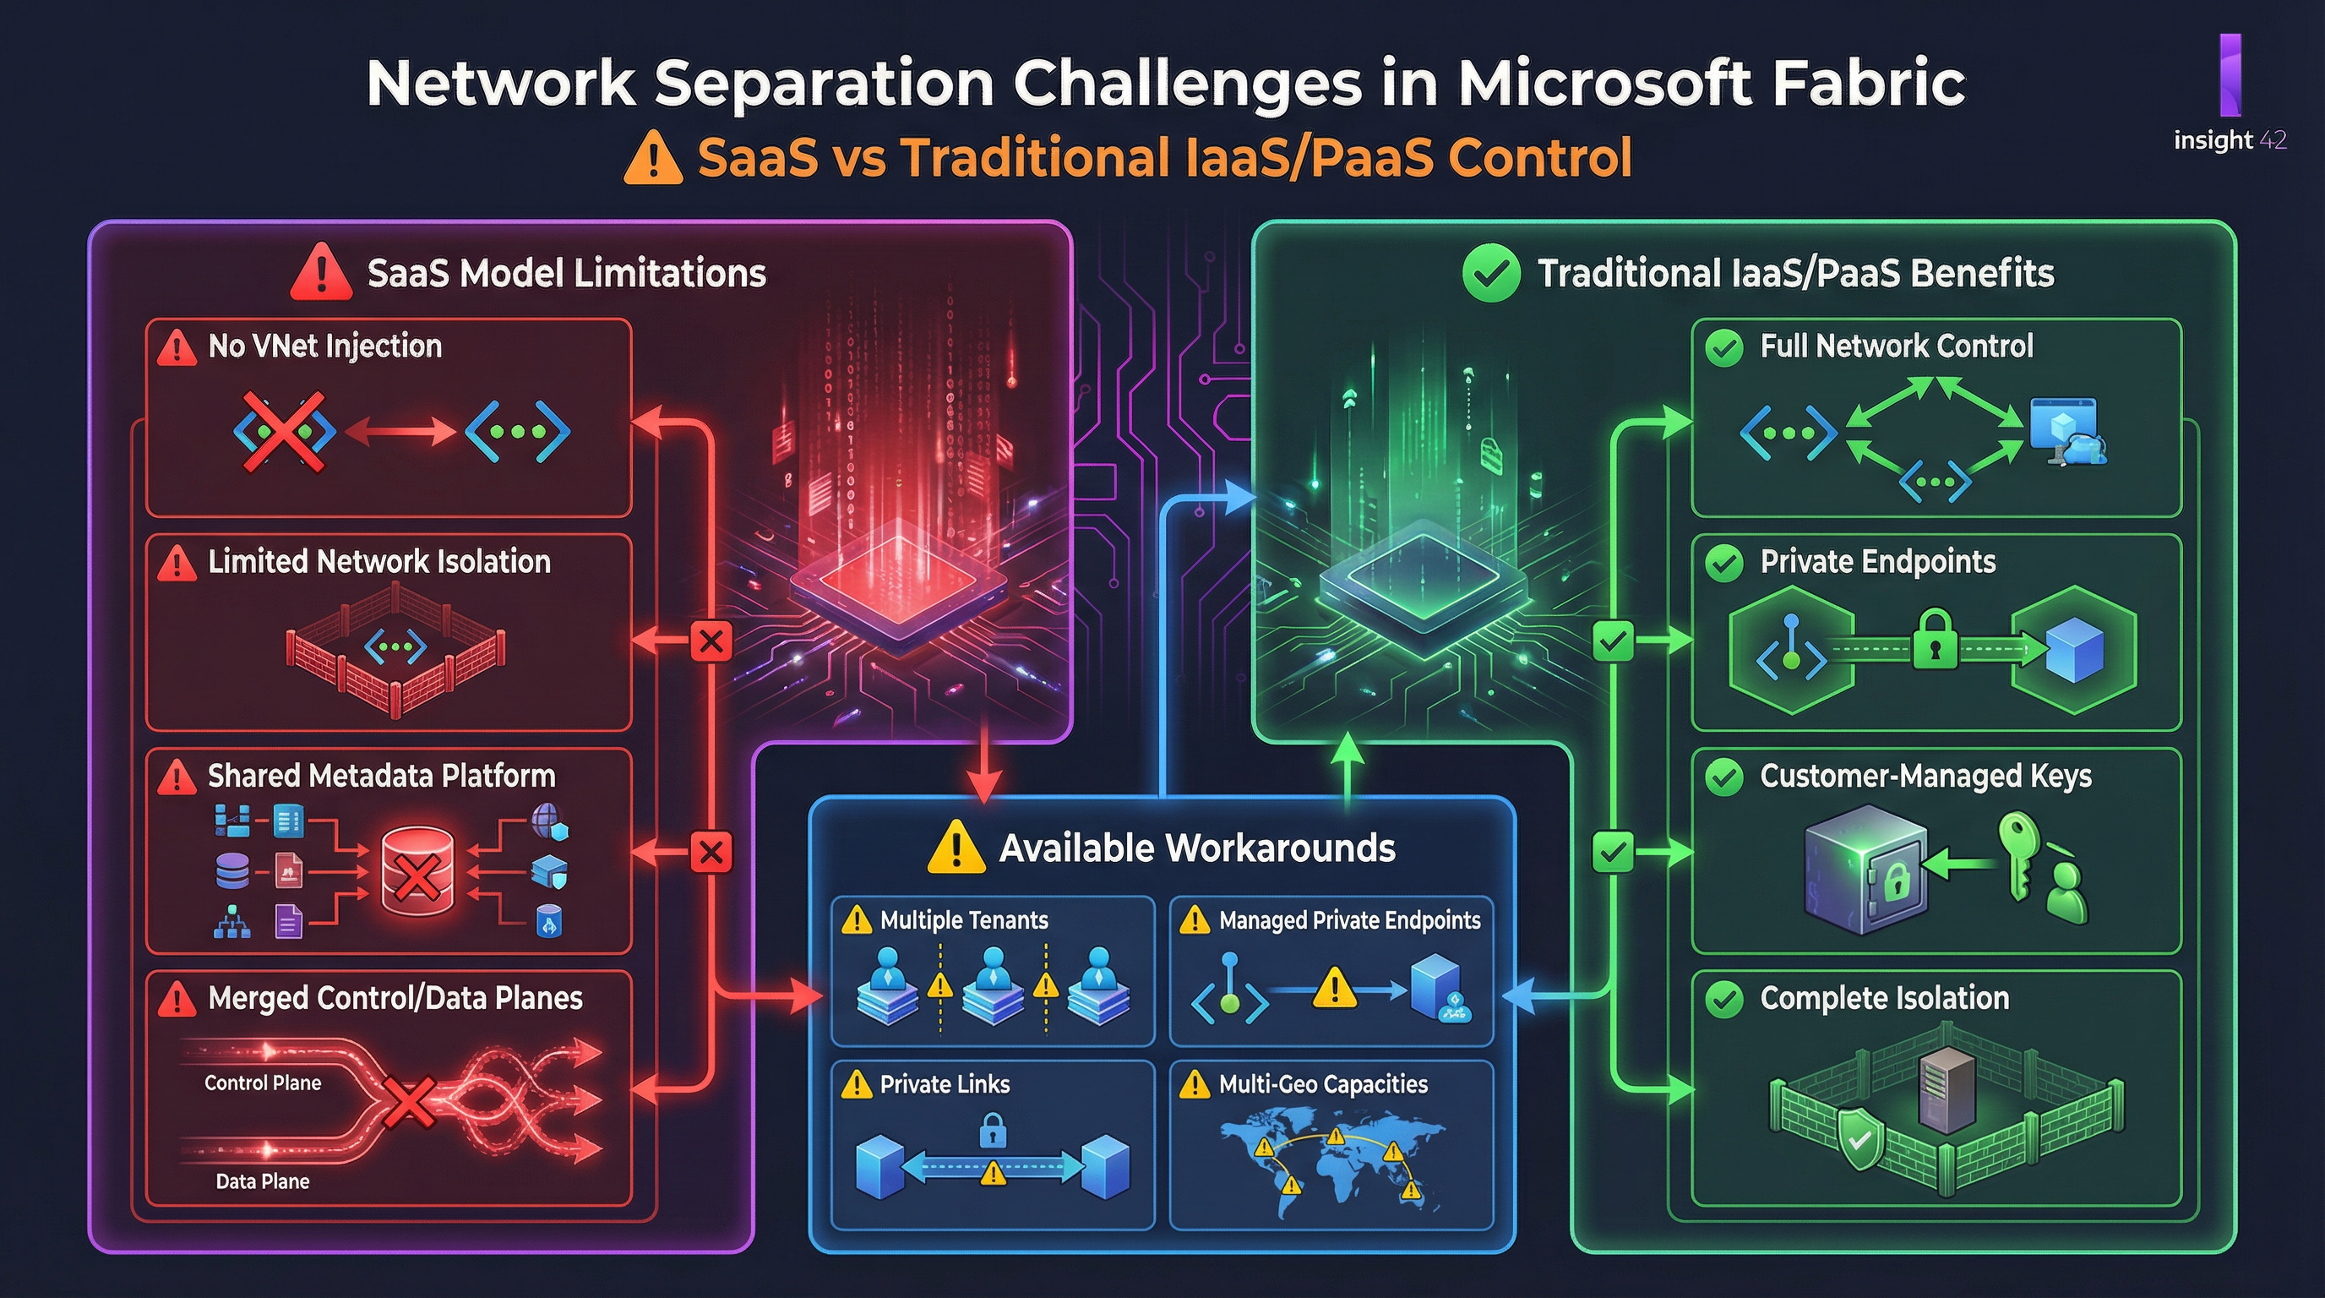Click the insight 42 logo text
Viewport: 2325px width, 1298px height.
[2230, 140]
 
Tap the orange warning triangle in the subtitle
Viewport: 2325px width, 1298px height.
[652, 158]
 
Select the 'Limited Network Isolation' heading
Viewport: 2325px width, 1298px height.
[379, 561]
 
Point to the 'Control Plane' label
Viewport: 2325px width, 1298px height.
[263, 1083]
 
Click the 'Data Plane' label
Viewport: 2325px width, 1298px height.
[263, 1181]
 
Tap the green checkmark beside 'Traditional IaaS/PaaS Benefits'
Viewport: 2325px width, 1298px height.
[1491, 273]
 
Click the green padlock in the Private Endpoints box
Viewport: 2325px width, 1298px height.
[1935, 639]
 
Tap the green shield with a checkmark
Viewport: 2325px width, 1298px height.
[1859, 1139]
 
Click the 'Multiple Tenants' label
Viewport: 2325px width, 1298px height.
[964, 919]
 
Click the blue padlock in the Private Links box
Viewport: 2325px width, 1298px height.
[992, 1129]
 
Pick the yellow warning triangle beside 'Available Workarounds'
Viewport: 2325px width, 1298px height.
[956, 848]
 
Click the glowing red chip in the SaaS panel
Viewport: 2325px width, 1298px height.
[898, 578]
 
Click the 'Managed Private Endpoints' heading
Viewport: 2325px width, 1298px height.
[1349, 919]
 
